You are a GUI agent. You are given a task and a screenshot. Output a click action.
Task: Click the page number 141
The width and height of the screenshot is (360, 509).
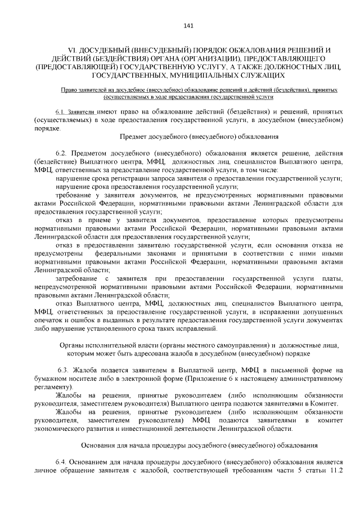188,26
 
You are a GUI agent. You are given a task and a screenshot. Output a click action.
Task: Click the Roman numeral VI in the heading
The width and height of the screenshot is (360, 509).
71,51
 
